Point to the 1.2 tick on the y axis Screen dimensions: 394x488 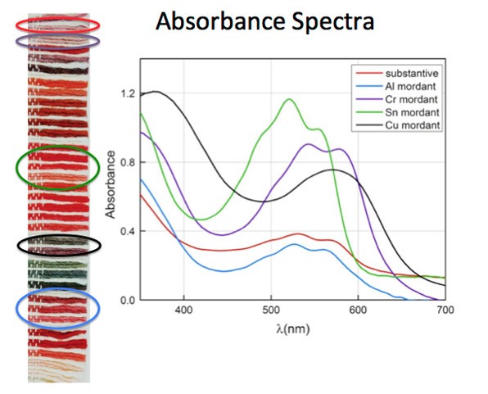[126, 93]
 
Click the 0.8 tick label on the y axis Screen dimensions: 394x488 [126, 162]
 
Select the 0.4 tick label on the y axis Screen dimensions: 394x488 [126, 231]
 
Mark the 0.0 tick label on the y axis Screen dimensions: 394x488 [126, 300]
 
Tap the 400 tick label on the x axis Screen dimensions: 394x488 [184, 310]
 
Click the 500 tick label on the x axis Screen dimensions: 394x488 [271, 310]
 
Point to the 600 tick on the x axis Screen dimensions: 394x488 [358, 310]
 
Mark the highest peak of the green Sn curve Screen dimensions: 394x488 [288, 99]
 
